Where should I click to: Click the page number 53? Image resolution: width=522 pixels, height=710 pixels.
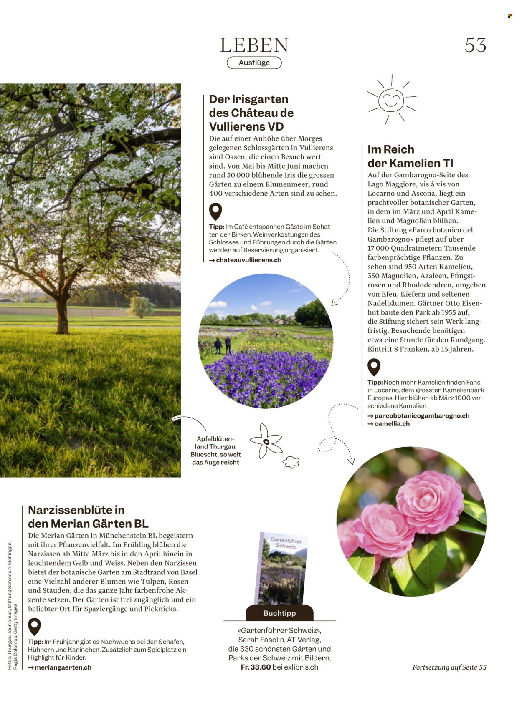[475, 45]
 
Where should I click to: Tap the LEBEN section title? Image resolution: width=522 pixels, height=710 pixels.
[254, 45]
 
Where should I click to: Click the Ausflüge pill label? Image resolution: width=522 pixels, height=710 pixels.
[254, 63]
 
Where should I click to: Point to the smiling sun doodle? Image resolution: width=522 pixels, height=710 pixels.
[391, 100]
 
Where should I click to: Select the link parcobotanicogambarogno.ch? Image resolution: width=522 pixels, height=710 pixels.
[421, 415]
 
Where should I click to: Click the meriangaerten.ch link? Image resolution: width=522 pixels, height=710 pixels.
[63, 667]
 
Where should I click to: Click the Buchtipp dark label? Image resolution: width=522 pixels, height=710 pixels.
[279, 613]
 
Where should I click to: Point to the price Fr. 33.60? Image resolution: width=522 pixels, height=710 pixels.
[256, 667]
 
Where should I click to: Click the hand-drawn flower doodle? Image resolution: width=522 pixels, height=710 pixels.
[266, 441]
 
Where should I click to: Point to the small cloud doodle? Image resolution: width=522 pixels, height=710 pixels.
[291, 462]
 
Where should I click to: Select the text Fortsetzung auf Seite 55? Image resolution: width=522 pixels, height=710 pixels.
[449, 667]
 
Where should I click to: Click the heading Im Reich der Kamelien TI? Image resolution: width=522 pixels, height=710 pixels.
[410, 156]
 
